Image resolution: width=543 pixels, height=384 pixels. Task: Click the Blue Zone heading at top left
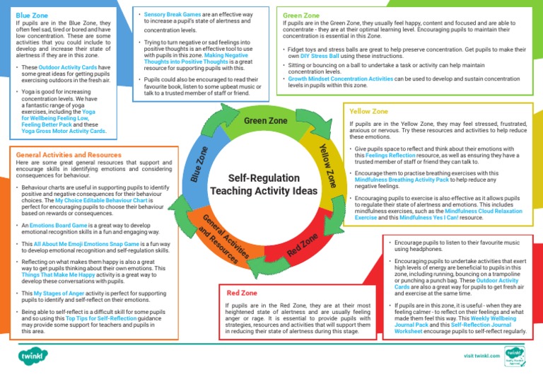coord(33,13)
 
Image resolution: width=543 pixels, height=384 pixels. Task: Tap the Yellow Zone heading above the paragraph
coord(368,111)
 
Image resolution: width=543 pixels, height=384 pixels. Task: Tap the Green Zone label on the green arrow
coord(265,121)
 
